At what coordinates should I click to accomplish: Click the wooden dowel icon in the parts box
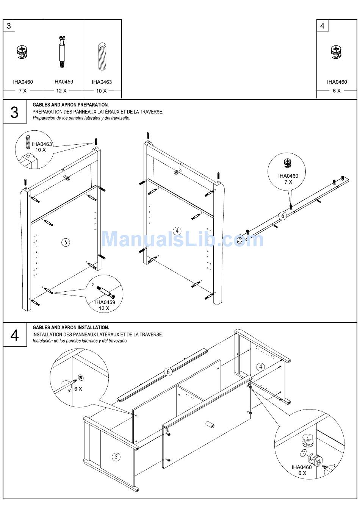(102, 56)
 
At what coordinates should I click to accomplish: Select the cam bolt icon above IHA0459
(62, 52)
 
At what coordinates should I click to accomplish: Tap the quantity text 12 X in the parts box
(61, 91)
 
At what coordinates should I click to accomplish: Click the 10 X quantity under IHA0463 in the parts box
(101, 91)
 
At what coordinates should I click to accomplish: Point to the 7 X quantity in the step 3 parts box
(23, 91)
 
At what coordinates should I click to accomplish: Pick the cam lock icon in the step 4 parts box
(336, 52)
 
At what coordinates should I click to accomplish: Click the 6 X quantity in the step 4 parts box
(337, 91)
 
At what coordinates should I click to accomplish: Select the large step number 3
(14, 113)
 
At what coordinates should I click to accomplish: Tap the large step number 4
(15, 335)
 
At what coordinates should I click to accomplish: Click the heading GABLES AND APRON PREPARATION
(71, 105)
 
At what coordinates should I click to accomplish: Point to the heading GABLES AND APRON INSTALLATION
(71, 328)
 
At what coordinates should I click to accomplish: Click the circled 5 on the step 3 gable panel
(66, 242)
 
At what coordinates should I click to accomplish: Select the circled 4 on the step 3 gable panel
(177, 231)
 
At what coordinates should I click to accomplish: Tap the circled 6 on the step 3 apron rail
(283, 216)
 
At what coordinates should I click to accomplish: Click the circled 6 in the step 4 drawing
(168, 372)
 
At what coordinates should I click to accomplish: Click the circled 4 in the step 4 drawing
(261, 367)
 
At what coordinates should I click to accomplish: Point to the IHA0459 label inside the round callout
(105, 302)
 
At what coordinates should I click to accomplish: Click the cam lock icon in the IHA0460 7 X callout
(288, 163)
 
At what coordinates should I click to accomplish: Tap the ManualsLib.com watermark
(182, 239)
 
